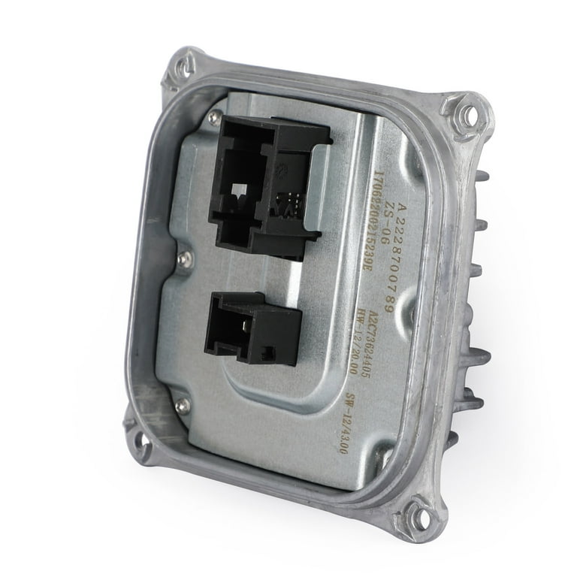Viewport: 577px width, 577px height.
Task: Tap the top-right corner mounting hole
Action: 467,116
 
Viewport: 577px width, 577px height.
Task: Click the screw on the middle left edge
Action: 184,259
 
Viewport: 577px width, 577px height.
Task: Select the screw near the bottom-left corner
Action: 181,406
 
